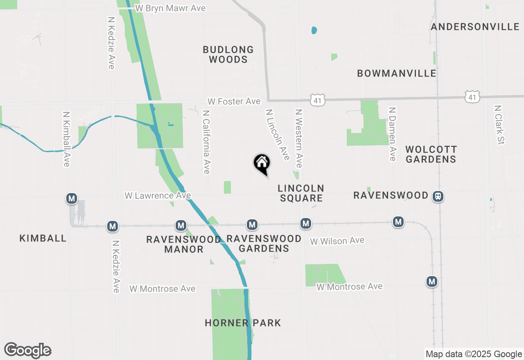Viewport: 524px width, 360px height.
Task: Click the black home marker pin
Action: pos(262,164)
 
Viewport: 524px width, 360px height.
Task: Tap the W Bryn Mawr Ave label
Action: pos(171,8)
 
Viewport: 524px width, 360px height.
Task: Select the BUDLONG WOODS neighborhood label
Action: pos(228,54)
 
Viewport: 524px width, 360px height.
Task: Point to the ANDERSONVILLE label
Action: pos(475,27)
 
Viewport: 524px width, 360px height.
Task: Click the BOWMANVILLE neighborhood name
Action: pos(396,74)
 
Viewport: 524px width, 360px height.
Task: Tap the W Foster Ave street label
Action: pos(234,101)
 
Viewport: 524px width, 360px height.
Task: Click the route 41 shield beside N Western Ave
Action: pos(318,99)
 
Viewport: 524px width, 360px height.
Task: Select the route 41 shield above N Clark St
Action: pos(472,97)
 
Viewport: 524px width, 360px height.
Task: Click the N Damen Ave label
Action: pos(393,134)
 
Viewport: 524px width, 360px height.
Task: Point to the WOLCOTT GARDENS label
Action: pos(431,154)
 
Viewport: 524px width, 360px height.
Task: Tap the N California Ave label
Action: pos(206,142)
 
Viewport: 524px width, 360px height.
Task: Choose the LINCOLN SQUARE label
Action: pos(301,193)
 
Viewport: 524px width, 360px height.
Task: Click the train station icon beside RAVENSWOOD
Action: pos(438,196)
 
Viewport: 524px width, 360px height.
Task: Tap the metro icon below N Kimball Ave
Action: pos(72,199)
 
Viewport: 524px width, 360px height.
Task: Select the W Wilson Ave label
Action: pos(337,241)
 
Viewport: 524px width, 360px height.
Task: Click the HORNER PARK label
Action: pos(243,323)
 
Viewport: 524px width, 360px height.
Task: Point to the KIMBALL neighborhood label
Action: pos(43,239)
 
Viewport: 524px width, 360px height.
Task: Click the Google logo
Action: pos(27,350)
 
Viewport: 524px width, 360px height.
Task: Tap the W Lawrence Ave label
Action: pos(158,196)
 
